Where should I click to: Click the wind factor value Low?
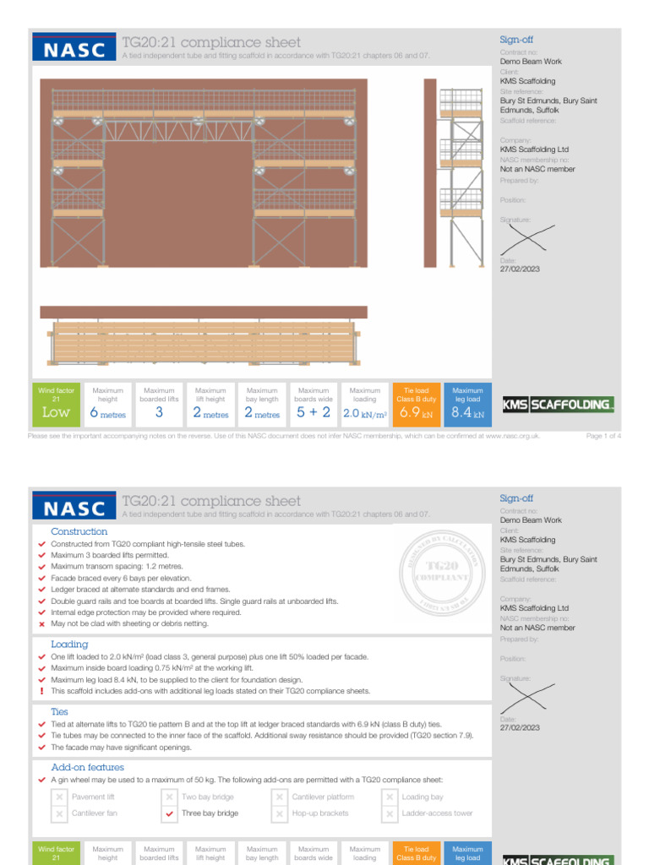56,413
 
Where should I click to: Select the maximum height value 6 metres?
107,413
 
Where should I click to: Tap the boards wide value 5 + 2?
314,413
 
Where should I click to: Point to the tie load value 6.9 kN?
416,413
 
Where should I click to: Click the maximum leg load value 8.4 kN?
467,413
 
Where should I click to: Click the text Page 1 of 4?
603,436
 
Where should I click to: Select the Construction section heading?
79,531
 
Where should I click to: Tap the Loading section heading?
69,644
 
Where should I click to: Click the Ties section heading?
59,712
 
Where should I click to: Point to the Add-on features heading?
87,767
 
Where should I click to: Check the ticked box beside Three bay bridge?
170,813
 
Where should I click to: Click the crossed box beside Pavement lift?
59,797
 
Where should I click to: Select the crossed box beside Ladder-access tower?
390,813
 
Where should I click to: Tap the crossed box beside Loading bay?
390,797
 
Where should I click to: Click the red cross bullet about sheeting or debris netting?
42,623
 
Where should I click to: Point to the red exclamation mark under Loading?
42,691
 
